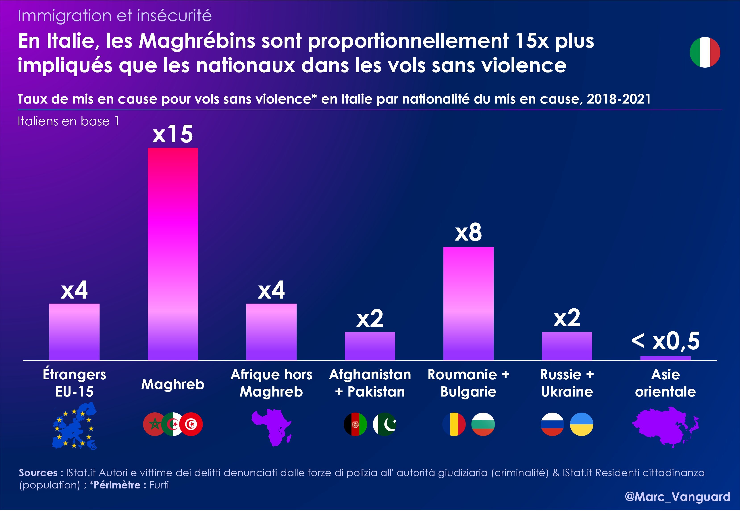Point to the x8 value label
(468, 233)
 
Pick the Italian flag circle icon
(705, 52)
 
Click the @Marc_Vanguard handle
(677, 496)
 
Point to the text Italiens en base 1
(68, 121)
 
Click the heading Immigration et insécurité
(115, 16)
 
